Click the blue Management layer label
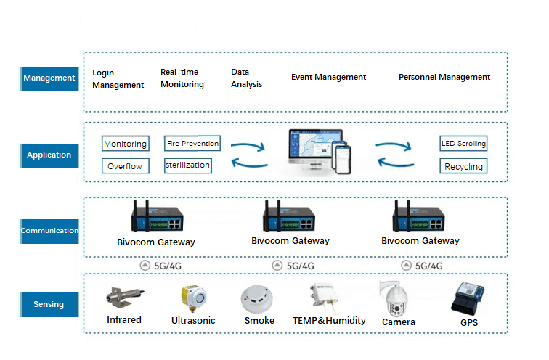(x=49, y=78)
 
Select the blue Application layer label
(x=49, y=155)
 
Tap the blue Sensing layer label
(x=49, y=304)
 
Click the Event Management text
(x=328, y=78)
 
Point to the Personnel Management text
(x=444, y=78)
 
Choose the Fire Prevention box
(x=192, y=144)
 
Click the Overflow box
(x=125, y=166)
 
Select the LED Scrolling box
(x=463, y=144)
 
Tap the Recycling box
(x=463, y=166)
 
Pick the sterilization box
(x=187, y=165)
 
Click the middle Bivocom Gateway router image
(x=290, y=217)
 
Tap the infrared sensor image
(x=124, y=298)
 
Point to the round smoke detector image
(x=259, y=298)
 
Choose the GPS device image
(x=469, y=298)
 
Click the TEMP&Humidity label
(x=329, y=320)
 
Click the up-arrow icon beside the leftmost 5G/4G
(x=145, y=266)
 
